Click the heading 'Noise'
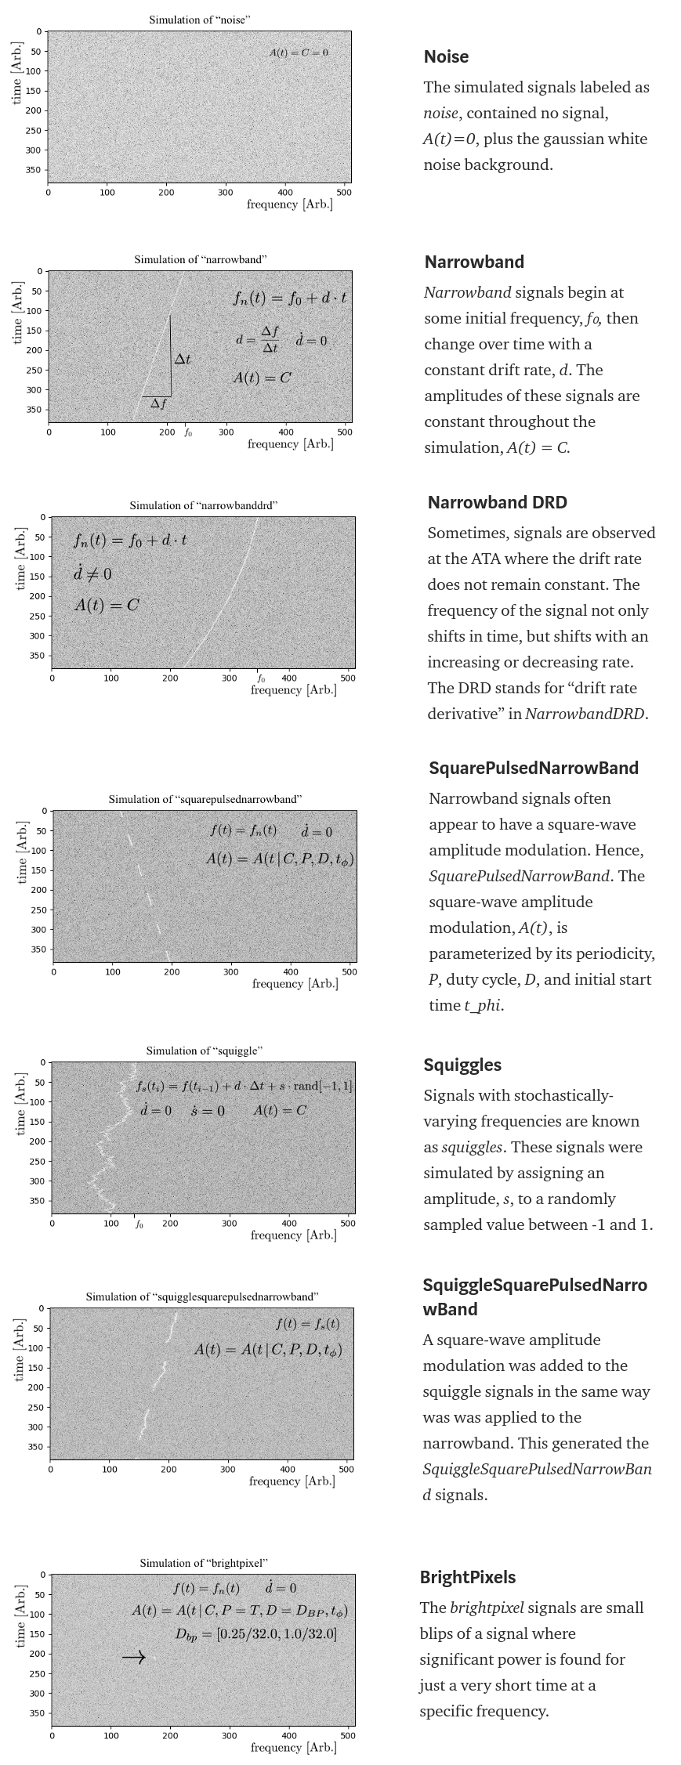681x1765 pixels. (446, 56)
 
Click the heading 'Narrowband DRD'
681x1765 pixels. (497, 502)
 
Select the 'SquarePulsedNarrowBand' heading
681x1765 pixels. (533, 768)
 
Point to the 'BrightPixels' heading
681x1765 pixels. (467, 1577)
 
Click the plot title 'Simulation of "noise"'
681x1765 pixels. (199, 20)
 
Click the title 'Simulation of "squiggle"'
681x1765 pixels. (204, 1051)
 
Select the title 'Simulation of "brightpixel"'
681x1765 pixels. (204, 1563)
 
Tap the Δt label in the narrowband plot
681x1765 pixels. (182, 359)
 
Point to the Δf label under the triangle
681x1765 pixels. (158, 404)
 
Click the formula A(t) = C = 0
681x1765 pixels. (299, 52)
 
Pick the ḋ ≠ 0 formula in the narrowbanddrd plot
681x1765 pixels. (92, 574)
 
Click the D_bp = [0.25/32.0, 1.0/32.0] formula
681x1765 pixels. (255, 1634)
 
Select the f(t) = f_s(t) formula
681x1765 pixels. (307, 1324)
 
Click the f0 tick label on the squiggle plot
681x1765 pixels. (139, 1224)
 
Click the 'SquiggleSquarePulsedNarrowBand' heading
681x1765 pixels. (534, 1297)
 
